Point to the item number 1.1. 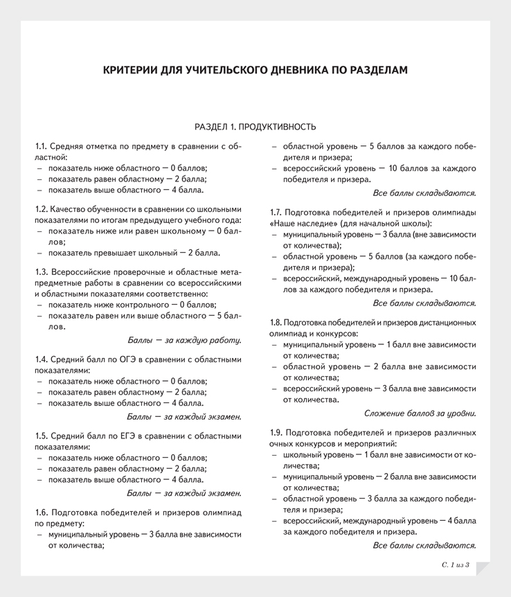(41, 147)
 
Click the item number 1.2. (42, 208)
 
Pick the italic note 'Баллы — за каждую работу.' (184, 339)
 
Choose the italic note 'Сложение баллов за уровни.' (420, 413)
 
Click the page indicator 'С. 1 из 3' (456, 566)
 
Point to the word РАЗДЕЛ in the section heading (210, 127)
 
